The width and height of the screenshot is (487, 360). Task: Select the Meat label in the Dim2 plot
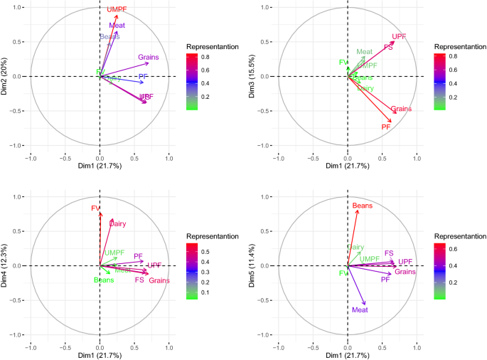click(117, 26)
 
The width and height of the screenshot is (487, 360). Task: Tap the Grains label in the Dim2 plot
click(148, 57)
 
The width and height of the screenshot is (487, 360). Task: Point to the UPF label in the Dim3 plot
click(399, 36)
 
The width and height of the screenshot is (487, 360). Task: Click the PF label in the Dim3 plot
click(386, 127)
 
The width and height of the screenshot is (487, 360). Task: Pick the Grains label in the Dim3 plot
click(402, 109)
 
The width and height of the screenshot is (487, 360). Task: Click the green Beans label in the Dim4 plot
click(104, 280)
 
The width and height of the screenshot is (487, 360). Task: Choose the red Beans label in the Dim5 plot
click(363, 206)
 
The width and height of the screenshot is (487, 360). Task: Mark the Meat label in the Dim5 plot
click(360, 311)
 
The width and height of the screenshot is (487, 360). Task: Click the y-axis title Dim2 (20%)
click(6, 76)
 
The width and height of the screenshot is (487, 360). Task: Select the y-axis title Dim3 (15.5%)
click(255, 76)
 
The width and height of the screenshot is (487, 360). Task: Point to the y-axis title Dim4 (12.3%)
click(6, 265)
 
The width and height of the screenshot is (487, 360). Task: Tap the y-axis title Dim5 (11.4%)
click(255, 265)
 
